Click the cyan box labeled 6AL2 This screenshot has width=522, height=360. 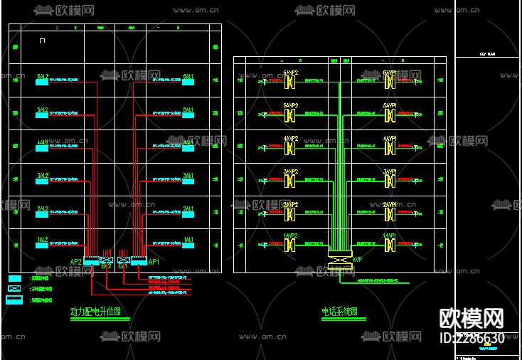pyautogui.click(x=43, y=82)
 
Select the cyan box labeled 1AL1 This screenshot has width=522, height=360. pyautogui.click(x=188, y=245)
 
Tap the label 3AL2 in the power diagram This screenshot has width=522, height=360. pyautogui.click(x=43, y=175)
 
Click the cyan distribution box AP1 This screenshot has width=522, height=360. pyautogui.click(x=138, y=261)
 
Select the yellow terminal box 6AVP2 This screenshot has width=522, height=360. pyautogui.click(x=290, y=82)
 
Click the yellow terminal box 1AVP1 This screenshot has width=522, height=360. pyautogui.click(x=390, y=245)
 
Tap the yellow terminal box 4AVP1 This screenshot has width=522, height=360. pyautogui.click(x=390, y=147)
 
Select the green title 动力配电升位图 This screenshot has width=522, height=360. pyautogui.click(x=96, y=312)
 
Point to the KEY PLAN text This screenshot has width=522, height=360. pyautogui.click(x=487, y=54)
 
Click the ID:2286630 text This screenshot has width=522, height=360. pyautogui.click(x=473, y=338)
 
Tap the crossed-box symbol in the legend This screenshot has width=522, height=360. pyautogui.click(x=14, y=289)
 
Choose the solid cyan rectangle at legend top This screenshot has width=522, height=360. pyautogui.click(x=14, y=278)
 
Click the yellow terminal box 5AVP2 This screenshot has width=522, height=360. pyautogui.click(x=290, y=114)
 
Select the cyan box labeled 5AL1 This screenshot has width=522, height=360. pyautogui.click(x=188, y=115)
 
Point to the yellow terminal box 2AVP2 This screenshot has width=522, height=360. pyautogui.click(x=290, y=213)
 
